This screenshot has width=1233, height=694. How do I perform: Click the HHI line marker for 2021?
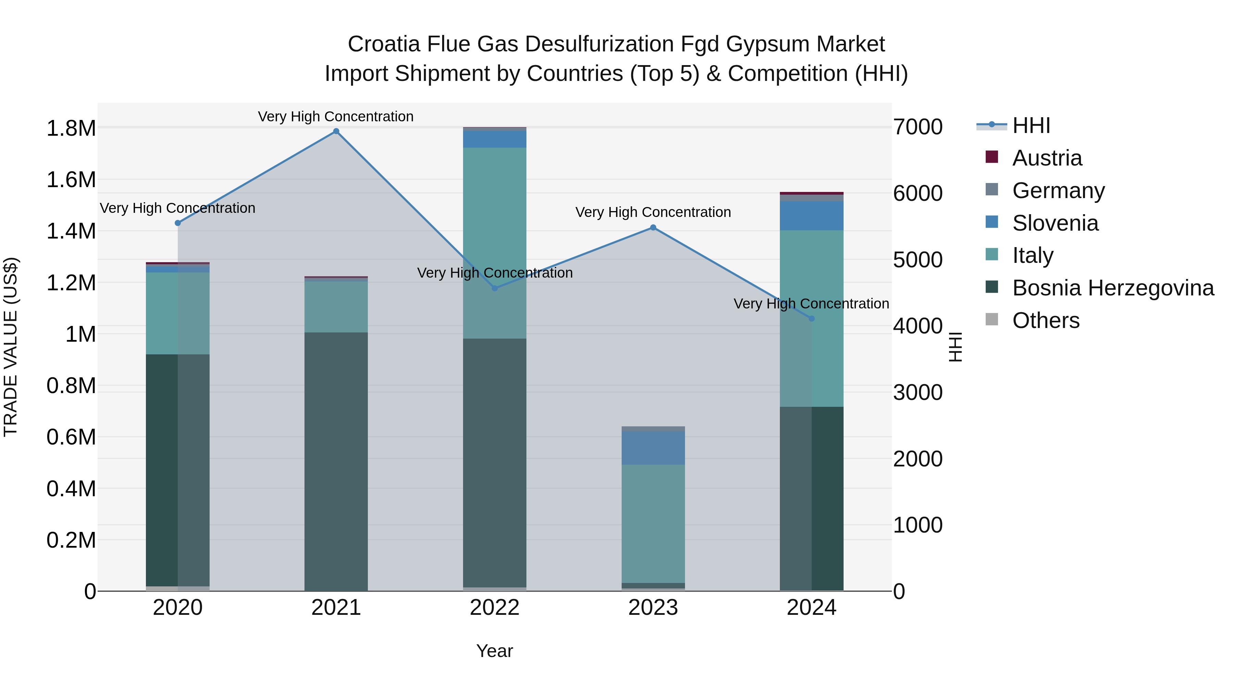click(336, 131)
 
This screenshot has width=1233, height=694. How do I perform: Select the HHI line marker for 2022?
click(495, 288)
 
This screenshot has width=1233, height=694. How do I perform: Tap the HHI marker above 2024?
click(811, 318)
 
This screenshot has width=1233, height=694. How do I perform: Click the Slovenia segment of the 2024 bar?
click(811, 216)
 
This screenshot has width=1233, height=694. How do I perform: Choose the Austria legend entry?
click(1046, 158)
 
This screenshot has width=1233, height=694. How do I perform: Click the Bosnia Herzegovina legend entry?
click(1112, 288)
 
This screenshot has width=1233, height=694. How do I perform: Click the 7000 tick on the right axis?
click(918, 127)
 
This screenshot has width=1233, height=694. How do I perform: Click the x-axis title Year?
click(495, 651)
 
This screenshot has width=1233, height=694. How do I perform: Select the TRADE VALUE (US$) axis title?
click(11, 347)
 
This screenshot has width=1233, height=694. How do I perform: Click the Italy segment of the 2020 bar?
click(177, 313)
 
